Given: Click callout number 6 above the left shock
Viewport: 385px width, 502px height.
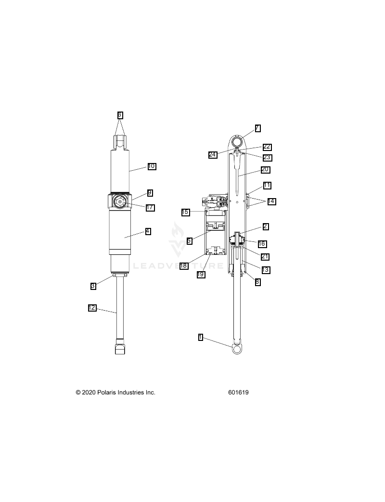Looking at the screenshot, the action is (120, 115).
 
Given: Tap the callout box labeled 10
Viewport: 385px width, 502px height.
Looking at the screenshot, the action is (152, 166).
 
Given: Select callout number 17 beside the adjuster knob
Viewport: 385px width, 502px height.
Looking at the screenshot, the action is (150, 208).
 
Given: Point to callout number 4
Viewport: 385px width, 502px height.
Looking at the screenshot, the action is (148, 231).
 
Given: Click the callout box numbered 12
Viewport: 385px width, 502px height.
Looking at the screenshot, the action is (92, 308).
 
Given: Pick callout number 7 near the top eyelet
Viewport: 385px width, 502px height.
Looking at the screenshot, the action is (257, 128).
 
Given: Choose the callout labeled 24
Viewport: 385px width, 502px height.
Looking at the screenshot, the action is (213, 155).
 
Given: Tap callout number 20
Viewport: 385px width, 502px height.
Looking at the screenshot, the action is (265, 170).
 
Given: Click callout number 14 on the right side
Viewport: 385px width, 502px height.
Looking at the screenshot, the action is (271, 201).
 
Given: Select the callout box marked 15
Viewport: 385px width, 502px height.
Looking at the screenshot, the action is (185, 212).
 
